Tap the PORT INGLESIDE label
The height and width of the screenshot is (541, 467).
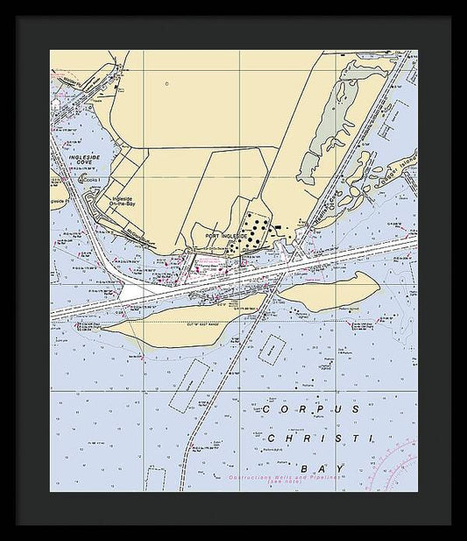tap(226, 237)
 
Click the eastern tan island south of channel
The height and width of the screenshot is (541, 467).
tap(330, 291)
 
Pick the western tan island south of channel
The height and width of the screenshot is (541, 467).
tap(175, 324)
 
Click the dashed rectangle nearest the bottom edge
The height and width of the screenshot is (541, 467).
tap(156, 479)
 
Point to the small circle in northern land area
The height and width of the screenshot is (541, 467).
tap(166, 84)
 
